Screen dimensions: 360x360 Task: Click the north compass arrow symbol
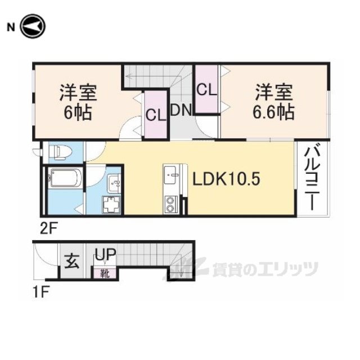point(33,26)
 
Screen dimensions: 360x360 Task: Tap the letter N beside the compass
point(11,28)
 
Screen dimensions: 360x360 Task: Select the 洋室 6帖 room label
point(78,102)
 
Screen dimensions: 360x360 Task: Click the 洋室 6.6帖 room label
point(274,102)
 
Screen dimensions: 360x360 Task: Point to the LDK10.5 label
point(226,179)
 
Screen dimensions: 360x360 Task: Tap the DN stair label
point(181,110)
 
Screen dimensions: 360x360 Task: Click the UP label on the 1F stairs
point(105,254)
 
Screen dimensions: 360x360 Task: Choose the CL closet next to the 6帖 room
point(156,114)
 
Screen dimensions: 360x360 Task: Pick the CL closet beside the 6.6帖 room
point(206,89)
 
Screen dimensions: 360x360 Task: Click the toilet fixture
point(60,152)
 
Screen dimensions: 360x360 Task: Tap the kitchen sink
point(171,174)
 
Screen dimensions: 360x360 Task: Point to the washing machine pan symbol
point(111,205)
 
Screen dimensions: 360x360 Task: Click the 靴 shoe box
point(105,273)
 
